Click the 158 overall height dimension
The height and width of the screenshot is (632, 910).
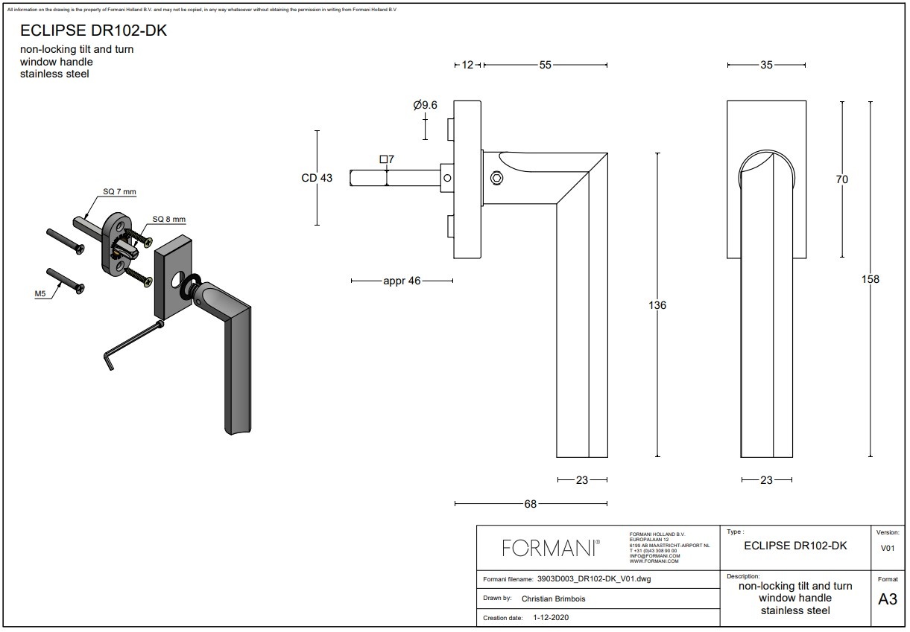pos(870,279)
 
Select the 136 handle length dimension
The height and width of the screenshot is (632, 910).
pos(657,305)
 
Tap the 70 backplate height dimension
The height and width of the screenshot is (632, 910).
pos(842,179)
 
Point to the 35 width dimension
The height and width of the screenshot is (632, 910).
pos(766,65)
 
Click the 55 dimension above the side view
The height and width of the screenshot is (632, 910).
pos(545,65)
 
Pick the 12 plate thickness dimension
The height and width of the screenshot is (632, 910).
pos(467,65)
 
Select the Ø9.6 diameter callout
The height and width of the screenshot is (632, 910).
pos(425,106)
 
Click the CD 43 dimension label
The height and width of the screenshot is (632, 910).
pos(317,178)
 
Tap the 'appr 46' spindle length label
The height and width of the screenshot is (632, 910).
pos(402,281)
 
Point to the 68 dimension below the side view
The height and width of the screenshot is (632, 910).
pos(530,504)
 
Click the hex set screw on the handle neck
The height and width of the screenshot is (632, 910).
pos(496,179)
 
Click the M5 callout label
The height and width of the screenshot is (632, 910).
pos(41,294)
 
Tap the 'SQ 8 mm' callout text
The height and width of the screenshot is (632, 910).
pos(168,219)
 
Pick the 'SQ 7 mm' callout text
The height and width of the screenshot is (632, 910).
pos(119,192)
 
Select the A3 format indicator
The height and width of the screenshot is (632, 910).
pos(888,599)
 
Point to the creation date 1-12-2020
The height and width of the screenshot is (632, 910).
pos(551,617)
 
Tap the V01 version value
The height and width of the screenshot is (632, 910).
pos(888,548)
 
